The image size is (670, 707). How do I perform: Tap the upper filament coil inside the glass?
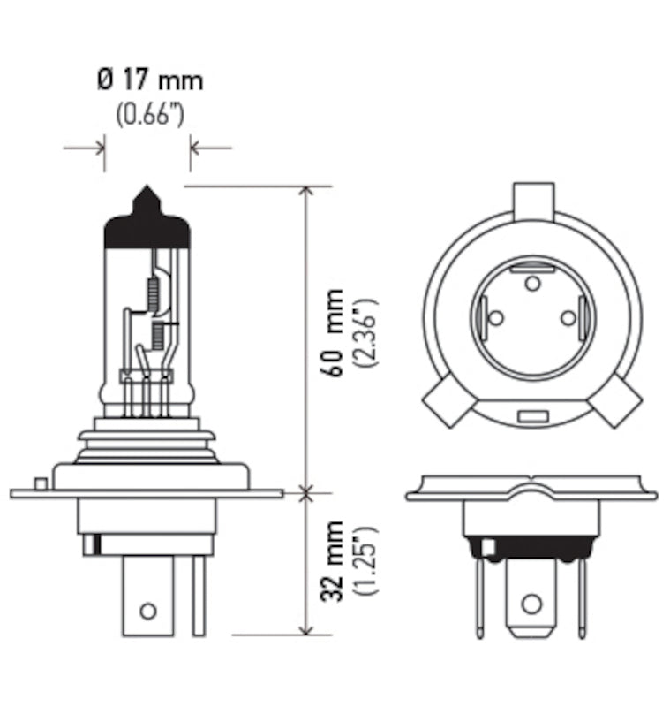(x=151, y=291)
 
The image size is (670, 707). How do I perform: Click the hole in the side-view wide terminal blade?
(x=148, y=610)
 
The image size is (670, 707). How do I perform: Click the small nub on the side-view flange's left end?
(x=39, y=483)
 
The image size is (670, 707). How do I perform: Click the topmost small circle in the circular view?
(x=531, y=283)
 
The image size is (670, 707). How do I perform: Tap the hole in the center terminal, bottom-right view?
(x=531, y=604)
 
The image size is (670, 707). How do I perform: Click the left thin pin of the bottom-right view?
(x=479, y=597)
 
